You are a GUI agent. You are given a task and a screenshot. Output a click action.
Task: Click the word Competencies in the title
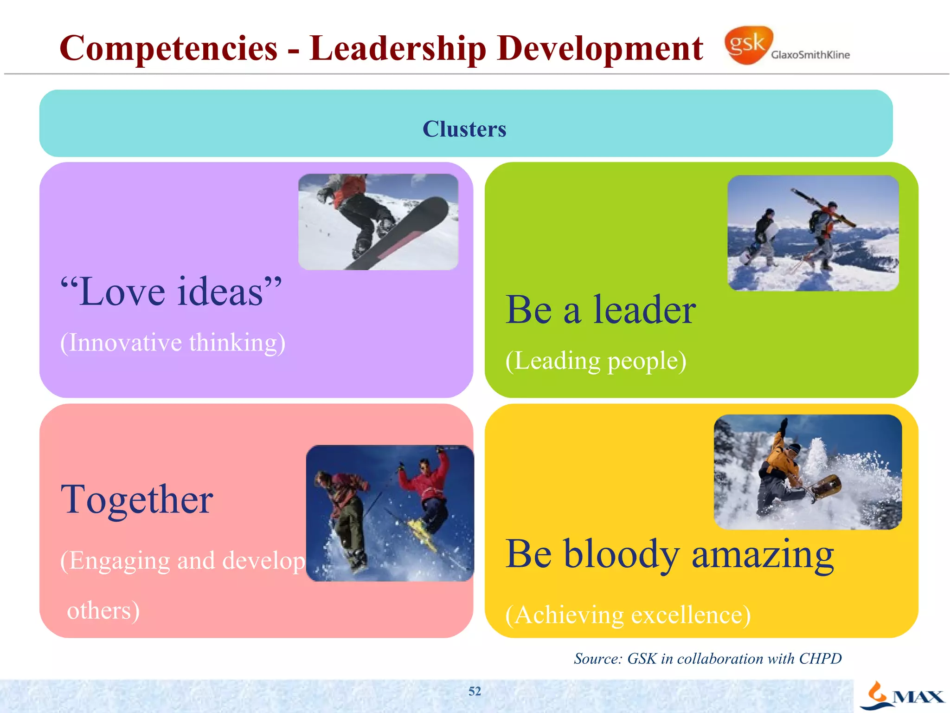[x=168, y=48]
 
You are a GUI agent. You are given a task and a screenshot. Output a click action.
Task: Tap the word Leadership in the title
[x=398, y=48]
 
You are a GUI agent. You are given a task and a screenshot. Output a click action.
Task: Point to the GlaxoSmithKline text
[x=810, y=55]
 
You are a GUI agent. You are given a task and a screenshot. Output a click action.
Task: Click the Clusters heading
[x=464, y=129]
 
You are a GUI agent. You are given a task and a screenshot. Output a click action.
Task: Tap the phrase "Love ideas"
[x=171, y=292]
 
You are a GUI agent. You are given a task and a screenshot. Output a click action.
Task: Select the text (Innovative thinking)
[x=173, y=343]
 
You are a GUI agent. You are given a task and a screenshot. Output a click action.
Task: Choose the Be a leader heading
[x=600, y=310]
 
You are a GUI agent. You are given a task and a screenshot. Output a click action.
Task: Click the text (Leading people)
[x=596, y=361]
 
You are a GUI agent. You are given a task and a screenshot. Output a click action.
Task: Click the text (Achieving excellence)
[x=628, y=615]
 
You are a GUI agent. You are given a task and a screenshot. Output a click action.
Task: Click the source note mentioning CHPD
[x=707, y=659]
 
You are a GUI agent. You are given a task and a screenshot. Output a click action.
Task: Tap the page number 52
[x=475, y=691]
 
